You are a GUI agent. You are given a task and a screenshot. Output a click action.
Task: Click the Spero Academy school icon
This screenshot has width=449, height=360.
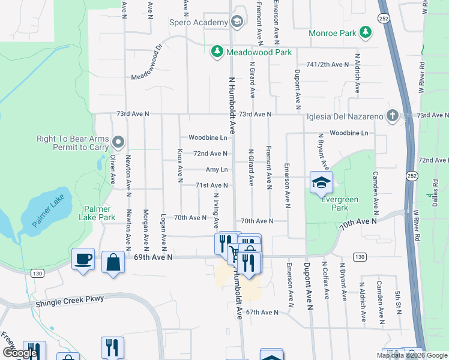237,22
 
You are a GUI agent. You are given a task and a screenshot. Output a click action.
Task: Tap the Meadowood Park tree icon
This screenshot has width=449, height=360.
217,52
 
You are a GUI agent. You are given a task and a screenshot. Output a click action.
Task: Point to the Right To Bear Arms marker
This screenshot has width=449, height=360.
118,143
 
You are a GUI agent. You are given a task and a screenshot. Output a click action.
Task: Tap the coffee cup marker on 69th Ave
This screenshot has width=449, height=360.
83,259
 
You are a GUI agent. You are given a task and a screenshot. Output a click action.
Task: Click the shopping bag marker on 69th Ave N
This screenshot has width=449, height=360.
113,262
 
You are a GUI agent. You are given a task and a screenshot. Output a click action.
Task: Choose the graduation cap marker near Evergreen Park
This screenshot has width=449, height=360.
321,182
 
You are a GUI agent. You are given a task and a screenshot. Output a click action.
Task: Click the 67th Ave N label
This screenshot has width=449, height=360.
262,313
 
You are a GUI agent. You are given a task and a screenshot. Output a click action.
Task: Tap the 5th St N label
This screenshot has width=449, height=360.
397,303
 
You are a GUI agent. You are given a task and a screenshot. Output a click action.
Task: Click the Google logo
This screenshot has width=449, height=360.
20,353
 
